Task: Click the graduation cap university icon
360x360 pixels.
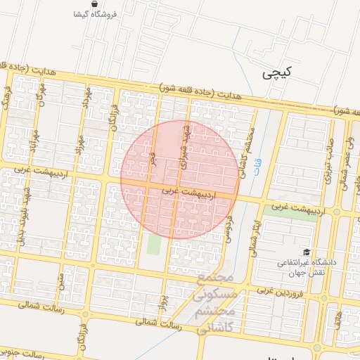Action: (x=306, y=252)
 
